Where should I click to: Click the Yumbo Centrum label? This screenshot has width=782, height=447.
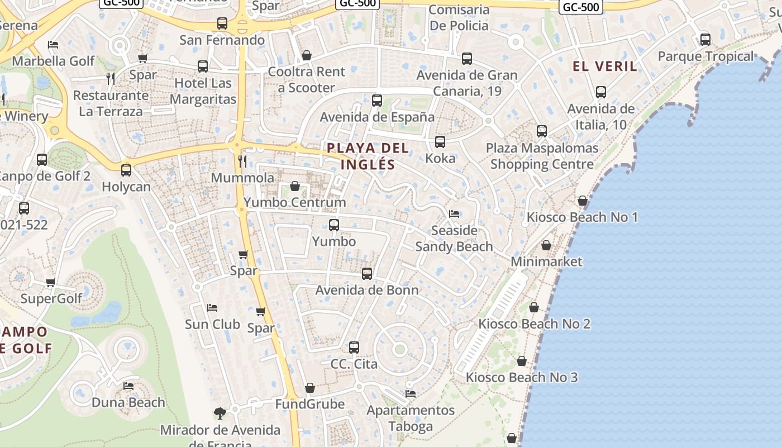point(294,202)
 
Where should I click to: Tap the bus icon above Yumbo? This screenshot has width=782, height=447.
point(334,225)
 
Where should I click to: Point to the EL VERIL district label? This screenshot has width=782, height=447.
point(604,66)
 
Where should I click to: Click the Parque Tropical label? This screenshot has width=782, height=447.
point(705,56)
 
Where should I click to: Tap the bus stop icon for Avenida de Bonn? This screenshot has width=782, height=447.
point(367,274)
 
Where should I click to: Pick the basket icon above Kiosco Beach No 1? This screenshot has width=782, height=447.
point(583,201)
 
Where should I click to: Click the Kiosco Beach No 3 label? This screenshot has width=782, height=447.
point(522,377)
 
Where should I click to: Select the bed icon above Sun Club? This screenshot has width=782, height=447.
point(212,308)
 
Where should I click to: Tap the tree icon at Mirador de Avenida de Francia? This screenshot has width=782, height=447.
point(220,413)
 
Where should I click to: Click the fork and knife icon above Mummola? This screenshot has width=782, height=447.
point(242,161)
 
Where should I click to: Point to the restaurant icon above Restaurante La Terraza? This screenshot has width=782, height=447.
point(111,79)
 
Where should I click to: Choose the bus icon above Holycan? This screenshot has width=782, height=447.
point(126,170)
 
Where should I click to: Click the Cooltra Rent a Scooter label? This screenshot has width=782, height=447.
point(307,80)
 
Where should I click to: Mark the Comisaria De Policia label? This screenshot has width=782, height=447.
point(459,17)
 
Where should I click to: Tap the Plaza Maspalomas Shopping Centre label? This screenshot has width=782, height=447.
point(542,156)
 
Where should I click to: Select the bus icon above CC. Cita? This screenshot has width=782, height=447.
point(354,348)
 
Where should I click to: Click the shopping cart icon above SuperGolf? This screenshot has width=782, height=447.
point(51,283)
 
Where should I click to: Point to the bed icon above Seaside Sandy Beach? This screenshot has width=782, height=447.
point(454,214)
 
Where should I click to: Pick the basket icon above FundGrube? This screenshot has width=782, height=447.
point(310,388)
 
